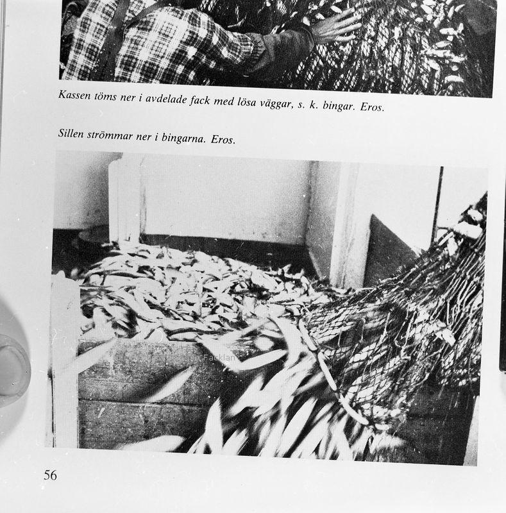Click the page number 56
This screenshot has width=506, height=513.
(51, 475)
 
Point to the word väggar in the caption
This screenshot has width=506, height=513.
(275, 104)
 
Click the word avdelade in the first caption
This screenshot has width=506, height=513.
(166, 99)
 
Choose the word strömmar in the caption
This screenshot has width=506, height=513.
(110, 135)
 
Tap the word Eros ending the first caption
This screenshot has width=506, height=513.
(372, 106)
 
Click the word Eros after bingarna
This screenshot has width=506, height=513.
(223, 139)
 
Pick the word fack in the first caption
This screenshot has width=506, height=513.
(200, 101)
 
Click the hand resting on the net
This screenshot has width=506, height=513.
(335, 26)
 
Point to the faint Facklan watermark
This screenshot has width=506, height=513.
(219, 358)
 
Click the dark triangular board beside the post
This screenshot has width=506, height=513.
(389, 251)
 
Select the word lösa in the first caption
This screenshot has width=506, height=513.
(246, 101)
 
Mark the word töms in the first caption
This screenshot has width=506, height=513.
(105, 97)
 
